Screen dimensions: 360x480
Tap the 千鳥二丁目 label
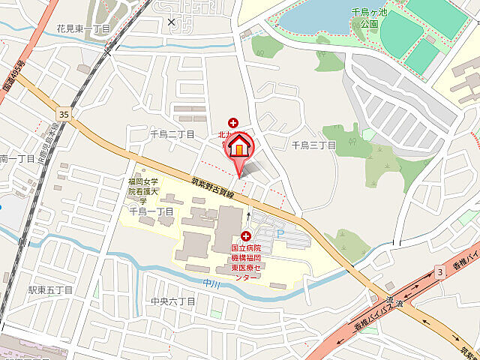(x=172, y=134)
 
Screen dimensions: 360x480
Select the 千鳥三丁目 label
(x=313, y=145)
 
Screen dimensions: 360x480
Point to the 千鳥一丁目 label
(x=151, y=212)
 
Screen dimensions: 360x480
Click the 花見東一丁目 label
(x=82, y=28)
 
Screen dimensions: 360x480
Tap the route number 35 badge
(x=63, y=114)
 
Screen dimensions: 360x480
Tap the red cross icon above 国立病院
(x=245, y=236)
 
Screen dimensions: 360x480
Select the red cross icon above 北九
(x=232, y=122)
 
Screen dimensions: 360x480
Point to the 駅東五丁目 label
(x=50, y=289)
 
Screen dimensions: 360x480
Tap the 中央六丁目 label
(x=172, y=301)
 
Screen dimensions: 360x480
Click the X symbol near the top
(x=172, y=22)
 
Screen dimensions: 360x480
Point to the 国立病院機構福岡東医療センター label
(x=246, y=262)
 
